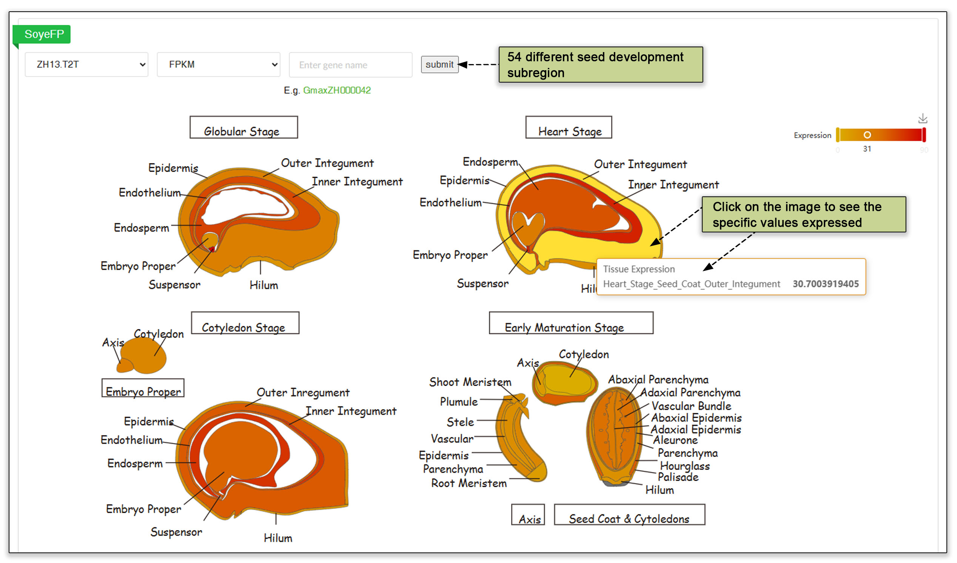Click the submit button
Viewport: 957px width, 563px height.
[x=439, y=65]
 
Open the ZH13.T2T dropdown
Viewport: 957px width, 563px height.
[x=86, y=65]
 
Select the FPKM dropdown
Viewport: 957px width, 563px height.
[x=219, y=65]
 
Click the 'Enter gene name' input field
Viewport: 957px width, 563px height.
[x=350, y=65]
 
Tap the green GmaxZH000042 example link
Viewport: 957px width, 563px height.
[x=336, y=90]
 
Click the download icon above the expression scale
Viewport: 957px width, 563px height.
[x=922, y=119]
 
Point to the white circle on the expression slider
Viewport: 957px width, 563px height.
[x=867, y=135]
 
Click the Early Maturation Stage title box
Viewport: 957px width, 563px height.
[x=571, y=323]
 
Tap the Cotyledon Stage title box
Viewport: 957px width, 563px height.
[x=245, y=323]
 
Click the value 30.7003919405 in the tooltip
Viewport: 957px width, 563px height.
[x=825, y=284]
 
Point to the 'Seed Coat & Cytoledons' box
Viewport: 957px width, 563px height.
[x=629, y=515]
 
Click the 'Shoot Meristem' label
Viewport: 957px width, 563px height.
[x=470, y=382]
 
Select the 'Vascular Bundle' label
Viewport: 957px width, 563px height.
[x=691, y=406]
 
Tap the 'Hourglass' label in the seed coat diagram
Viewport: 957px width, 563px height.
[x=685, y=466]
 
